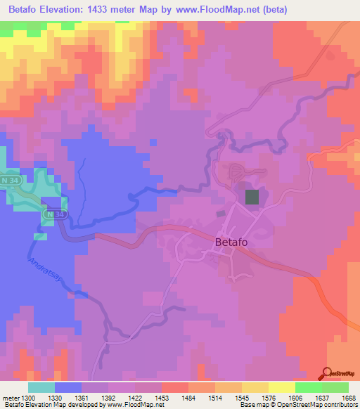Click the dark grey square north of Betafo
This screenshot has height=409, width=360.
(251, 197)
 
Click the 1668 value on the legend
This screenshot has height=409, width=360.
(348, 398)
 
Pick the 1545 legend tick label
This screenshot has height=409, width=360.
(241, 398)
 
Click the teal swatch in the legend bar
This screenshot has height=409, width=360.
(41, 387)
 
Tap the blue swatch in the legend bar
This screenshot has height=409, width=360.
(67, 387)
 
